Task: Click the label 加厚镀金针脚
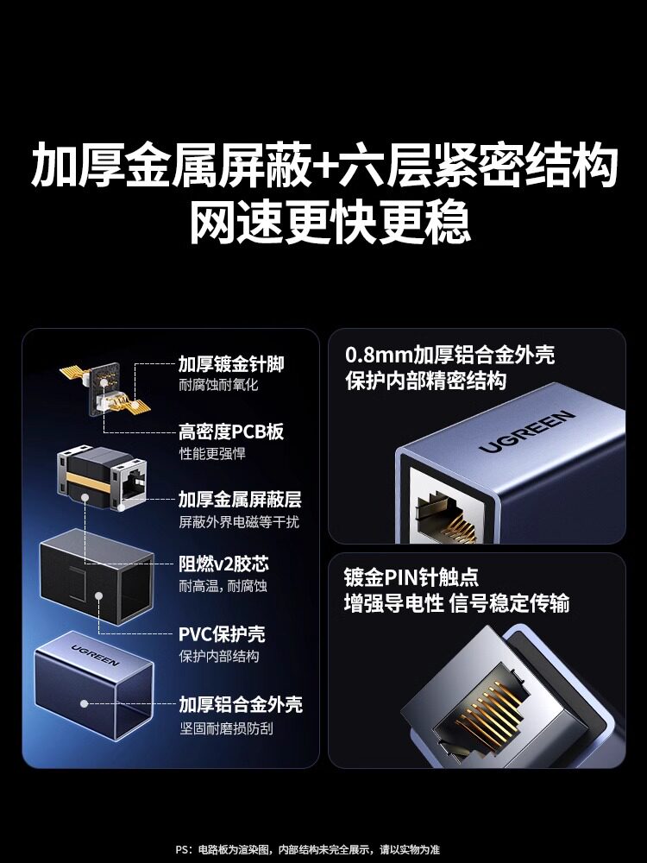click(231, 364)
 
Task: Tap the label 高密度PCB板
click(231, 432)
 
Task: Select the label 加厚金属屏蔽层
click(240, 500)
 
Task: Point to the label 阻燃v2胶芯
click(224, 564)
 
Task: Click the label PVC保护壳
click(222, 634)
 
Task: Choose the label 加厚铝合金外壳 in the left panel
click(241, 704)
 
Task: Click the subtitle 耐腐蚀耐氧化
click(218, 385)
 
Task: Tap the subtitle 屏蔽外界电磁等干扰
click(239, 521)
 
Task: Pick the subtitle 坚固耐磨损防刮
click(226, 728)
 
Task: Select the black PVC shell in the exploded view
click(97, 576)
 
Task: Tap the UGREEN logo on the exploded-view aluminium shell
click(95, 655)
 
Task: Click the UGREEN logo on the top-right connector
click(526, 431)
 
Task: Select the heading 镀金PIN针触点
click(411, 577)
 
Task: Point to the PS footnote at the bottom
click(308, 850)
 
